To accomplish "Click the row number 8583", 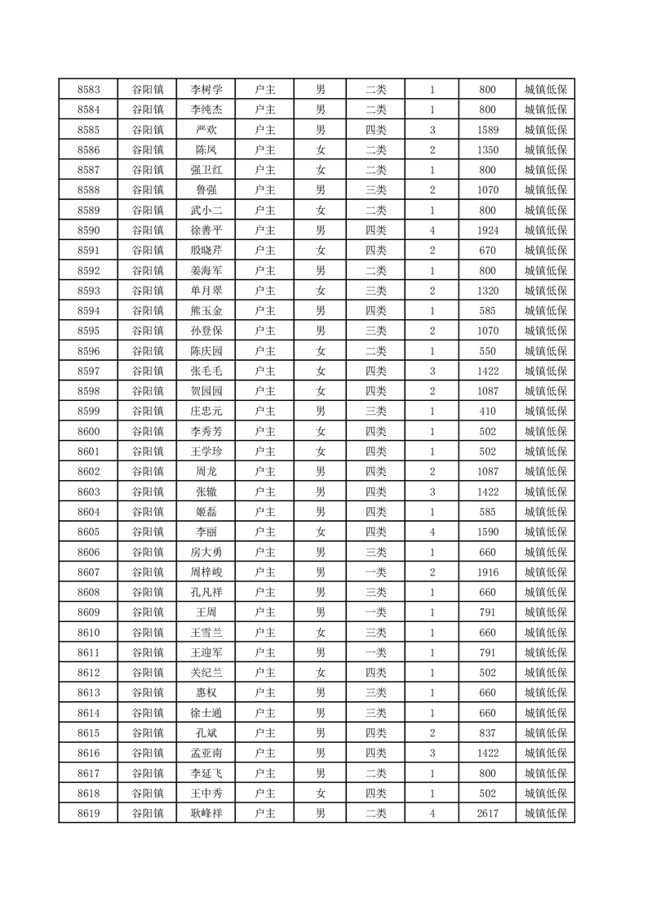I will click(88, 90).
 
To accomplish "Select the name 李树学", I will click(206, 90).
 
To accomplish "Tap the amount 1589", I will click(488, 130).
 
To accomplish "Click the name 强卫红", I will click(206, 170).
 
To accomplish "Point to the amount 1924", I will click(488, 230).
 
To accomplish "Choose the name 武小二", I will click(206, 210).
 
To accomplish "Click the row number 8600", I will click(88, 431).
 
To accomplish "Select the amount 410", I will click(488, 411).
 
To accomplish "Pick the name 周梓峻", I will click(206, 571).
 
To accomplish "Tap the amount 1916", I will click(488, 571).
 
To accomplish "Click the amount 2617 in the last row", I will click(488, 813).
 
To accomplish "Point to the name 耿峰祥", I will click(206, 813).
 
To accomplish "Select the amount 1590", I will click(488, 531).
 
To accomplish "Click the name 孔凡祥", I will click(206, 592).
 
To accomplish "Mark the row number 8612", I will click(88, 672).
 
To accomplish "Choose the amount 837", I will click(488, 732).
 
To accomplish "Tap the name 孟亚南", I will click(206, 753).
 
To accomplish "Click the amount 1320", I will click(488, 291).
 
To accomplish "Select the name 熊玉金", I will click(206, 310).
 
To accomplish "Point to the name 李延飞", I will click(206, 772).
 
